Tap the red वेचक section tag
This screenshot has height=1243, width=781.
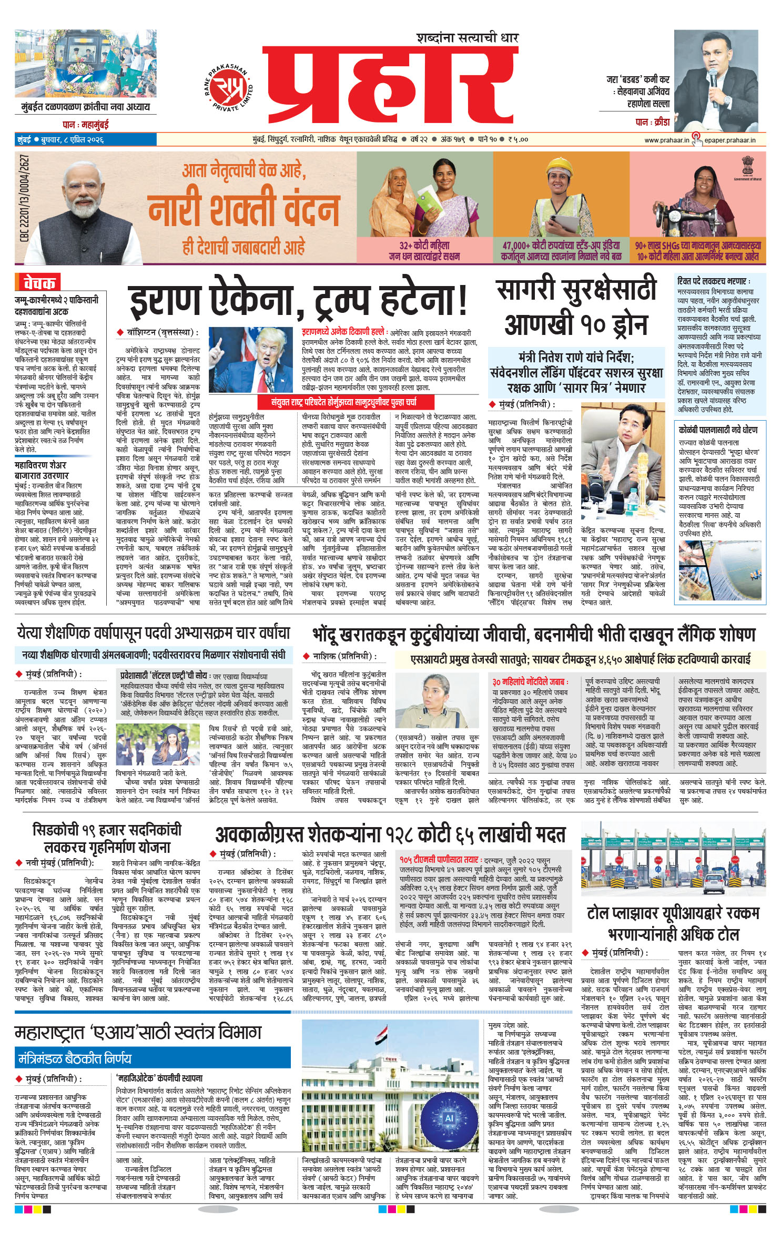point(38,283)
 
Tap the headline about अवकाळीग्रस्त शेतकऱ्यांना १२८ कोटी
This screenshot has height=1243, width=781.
point(390,834)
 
